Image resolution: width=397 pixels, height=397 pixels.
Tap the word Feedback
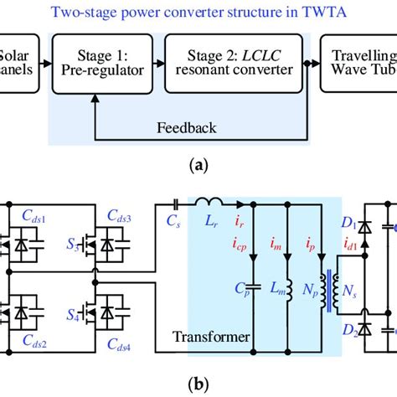click(188, 127)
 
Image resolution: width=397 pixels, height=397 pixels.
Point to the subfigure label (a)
click(198, 167)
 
